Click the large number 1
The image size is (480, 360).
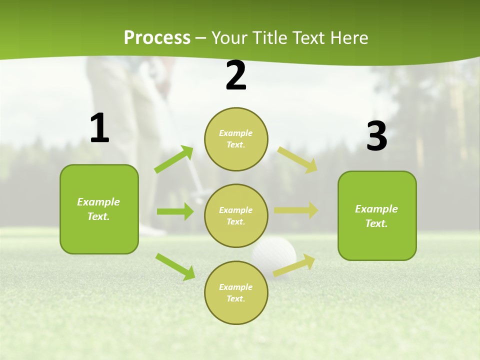99,128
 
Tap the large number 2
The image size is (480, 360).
236,75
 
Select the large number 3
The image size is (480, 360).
376,136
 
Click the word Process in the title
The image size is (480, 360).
157,37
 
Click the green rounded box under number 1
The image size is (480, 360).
99,209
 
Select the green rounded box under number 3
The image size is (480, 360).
377,216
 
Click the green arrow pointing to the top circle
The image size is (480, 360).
174,159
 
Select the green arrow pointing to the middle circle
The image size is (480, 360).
175,211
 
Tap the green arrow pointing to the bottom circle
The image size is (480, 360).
175,266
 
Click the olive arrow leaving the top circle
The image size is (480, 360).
297,159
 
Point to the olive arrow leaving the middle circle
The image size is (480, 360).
296,210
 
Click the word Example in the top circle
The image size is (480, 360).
235,133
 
